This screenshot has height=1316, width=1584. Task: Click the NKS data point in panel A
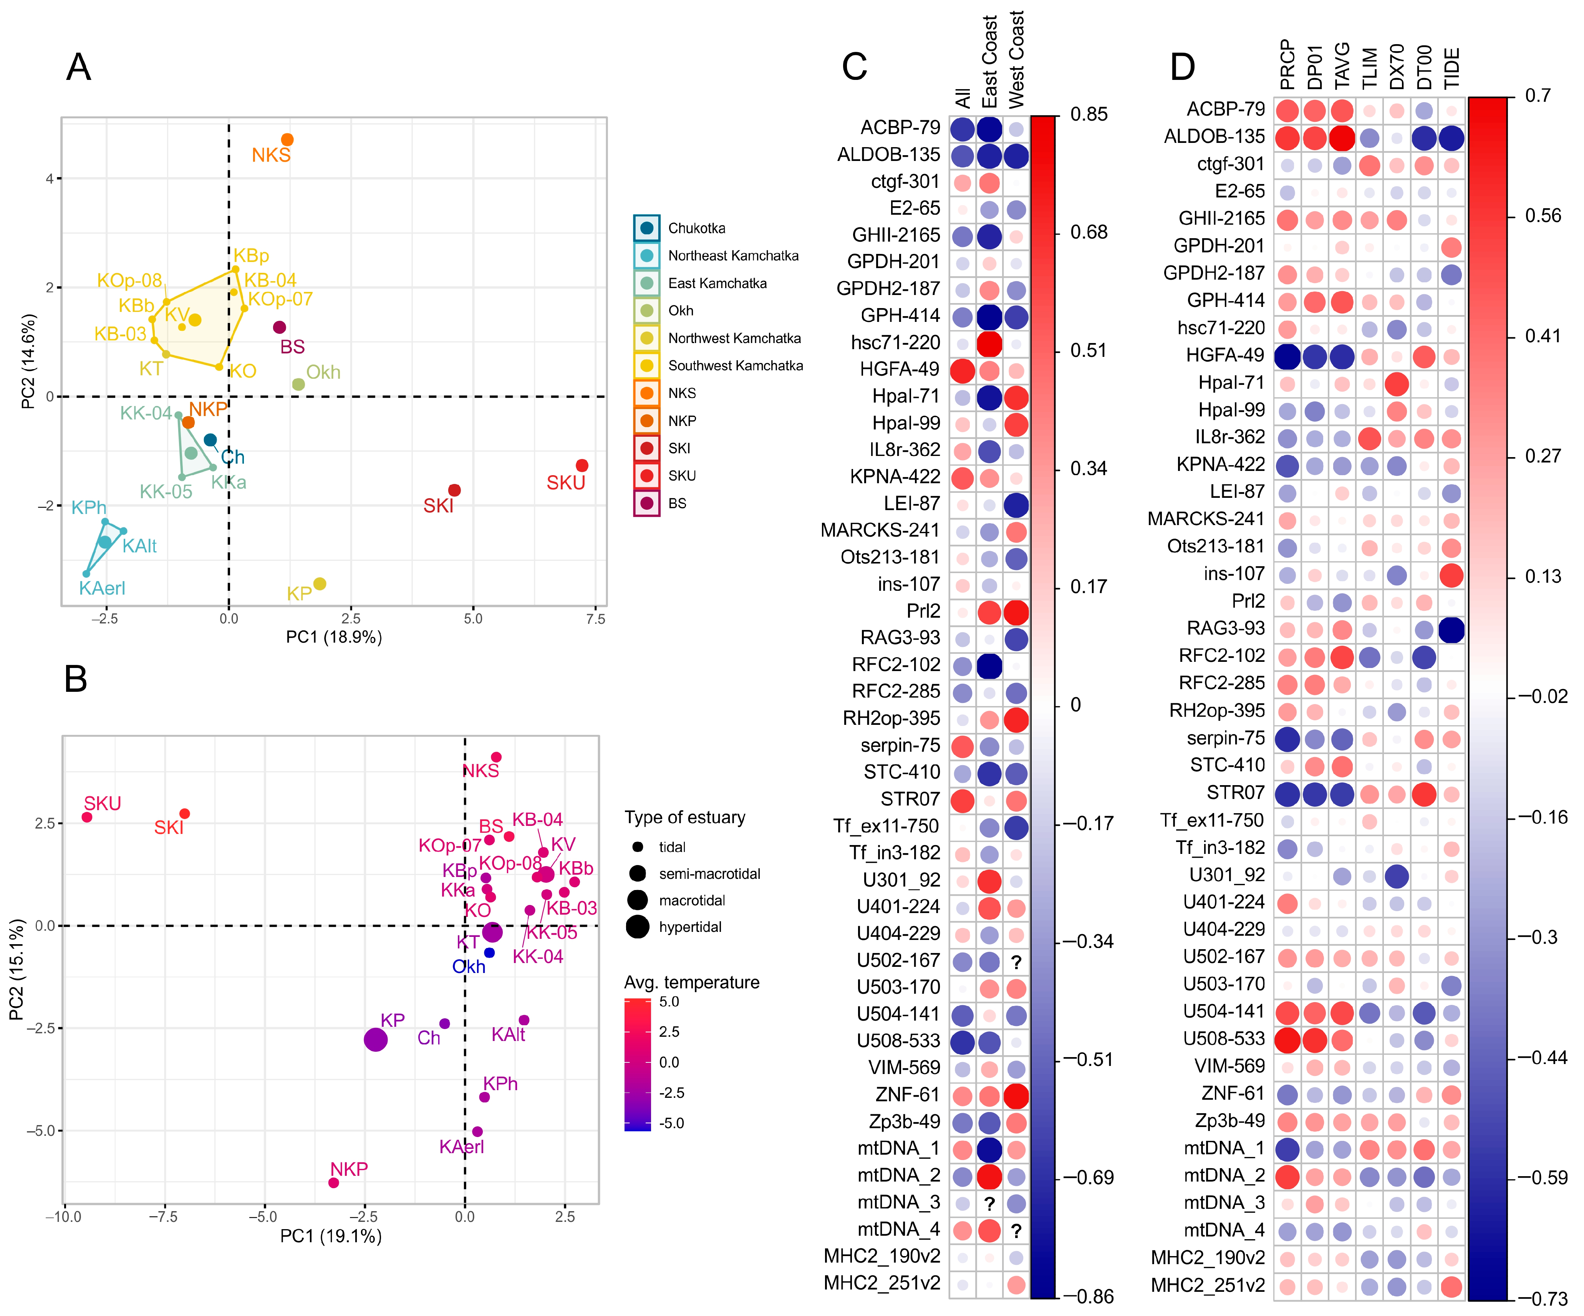287,139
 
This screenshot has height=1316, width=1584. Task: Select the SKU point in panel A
582,465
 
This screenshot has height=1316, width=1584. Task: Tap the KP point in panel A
320,584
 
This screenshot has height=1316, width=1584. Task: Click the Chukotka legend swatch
646,228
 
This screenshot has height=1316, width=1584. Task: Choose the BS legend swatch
646,503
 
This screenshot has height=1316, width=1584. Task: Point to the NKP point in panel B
333,1182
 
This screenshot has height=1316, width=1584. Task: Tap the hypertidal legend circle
637,927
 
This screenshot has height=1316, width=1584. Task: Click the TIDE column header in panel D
1451,68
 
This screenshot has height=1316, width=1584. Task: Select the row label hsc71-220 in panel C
895,342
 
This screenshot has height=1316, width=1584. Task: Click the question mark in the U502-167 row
1016,962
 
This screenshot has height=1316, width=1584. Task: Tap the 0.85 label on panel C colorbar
1089,114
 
